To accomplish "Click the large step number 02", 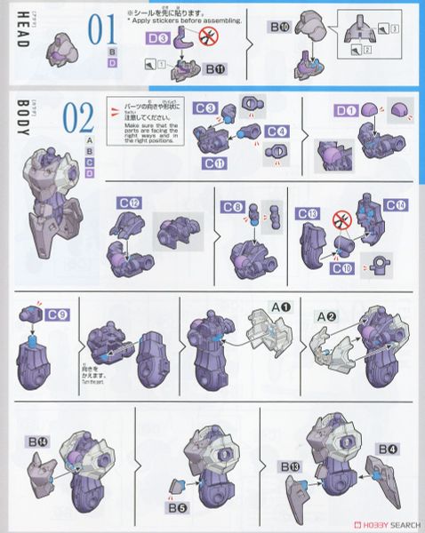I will [78, 119].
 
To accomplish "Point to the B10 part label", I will [279, 28].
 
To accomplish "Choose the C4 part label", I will [277, 132].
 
